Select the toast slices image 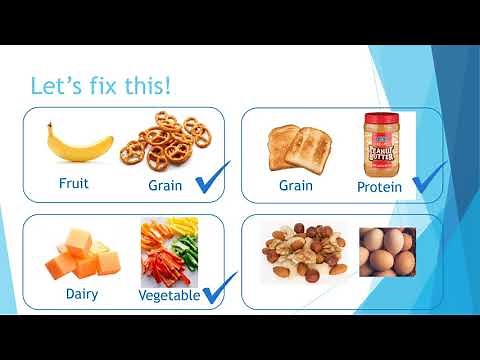[297, 148]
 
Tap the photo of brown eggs [387, 252]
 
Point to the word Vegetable [169, 295]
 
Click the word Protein [379, 187]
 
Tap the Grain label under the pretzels [166, 185]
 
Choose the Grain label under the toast [295, 185]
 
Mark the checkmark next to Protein [428, 177]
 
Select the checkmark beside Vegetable [218, 287]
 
